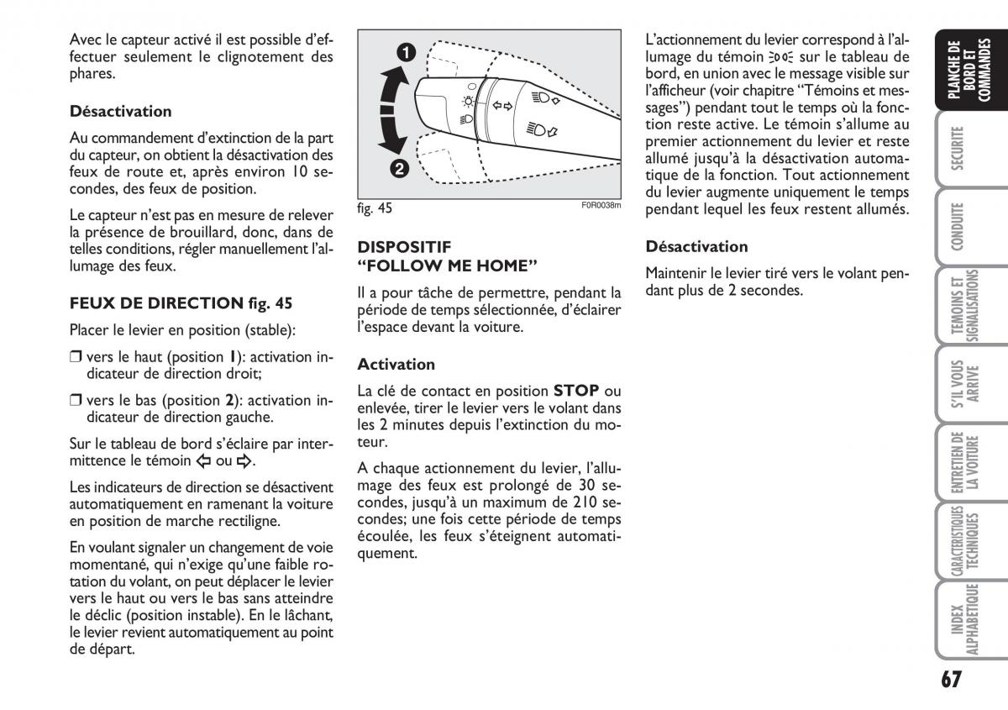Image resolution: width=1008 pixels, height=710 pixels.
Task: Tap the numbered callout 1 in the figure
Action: tap(406, 53)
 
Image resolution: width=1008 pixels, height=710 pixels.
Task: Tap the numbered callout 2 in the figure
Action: tap(398, 168)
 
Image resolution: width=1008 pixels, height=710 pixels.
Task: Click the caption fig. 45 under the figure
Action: tap(375, 208)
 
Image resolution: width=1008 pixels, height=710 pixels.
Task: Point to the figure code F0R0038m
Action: tap(601, 204)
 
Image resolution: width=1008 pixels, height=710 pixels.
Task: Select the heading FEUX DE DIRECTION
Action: tap(155, 303)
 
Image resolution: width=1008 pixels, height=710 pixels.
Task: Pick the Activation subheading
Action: tap(396, 364)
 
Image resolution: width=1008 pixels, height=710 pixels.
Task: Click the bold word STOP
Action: tap(576, 391)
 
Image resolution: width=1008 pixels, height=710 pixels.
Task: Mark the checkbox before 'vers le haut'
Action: tap(76, 357)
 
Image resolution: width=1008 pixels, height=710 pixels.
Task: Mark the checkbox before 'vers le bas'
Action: tap(76, 400)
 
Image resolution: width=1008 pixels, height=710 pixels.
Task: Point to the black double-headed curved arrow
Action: tap(389, 109)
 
